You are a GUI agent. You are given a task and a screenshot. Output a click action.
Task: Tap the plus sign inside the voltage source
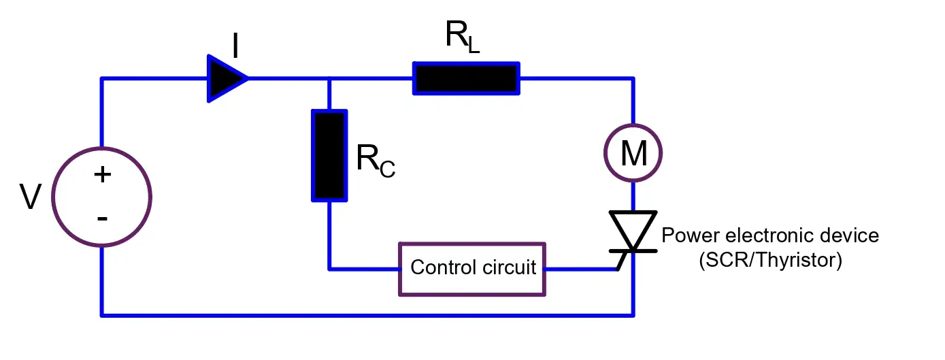(x=102, y=175)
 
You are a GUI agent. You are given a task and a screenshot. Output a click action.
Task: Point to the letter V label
(x=30, y=198)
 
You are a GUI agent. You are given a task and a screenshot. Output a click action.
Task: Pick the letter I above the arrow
(x=235, y=47)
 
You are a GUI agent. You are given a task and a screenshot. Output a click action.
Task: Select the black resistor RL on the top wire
(x=466, y=78)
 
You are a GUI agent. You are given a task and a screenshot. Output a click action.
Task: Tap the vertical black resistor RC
(x=329, y=156)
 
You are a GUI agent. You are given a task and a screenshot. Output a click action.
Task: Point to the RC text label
(x=375, y=161)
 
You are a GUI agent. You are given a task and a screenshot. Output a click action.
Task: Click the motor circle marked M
(x=633, y=154)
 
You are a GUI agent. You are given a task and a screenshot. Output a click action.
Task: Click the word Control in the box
(x=440, y=267)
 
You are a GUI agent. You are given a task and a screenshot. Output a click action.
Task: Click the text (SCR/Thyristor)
(x=770, y=261)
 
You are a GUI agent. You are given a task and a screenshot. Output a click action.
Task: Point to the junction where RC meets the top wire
(x=329, y=78)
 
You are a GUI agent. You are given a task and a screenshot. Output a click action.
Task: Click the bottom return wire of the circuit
(x=367, y=315)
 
